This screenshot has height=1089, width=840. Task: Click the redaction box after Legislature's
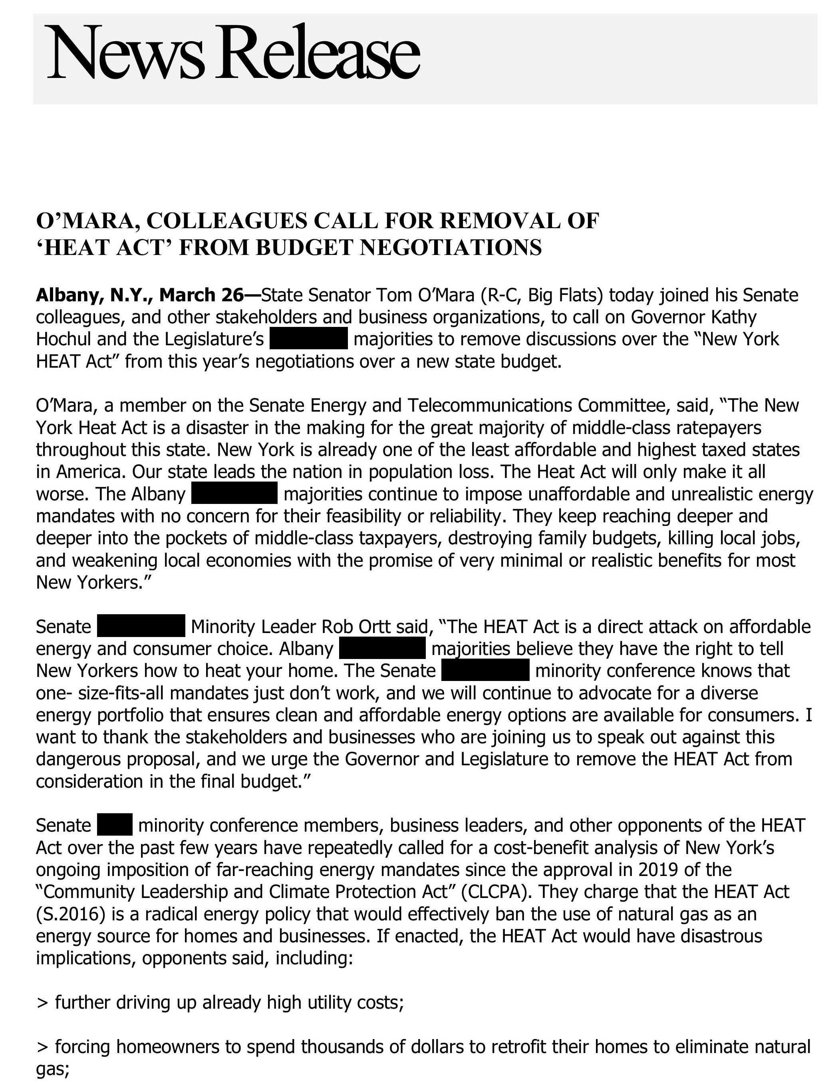[x=308, y=338]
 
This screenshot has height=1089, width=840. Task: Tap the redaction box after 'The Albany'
[x=234, y=494]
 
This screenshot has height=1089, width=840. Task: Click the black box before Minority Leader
[x=141, y=626]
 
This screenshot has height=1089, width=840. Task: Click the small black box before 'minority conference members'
[x=115, y=825]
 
